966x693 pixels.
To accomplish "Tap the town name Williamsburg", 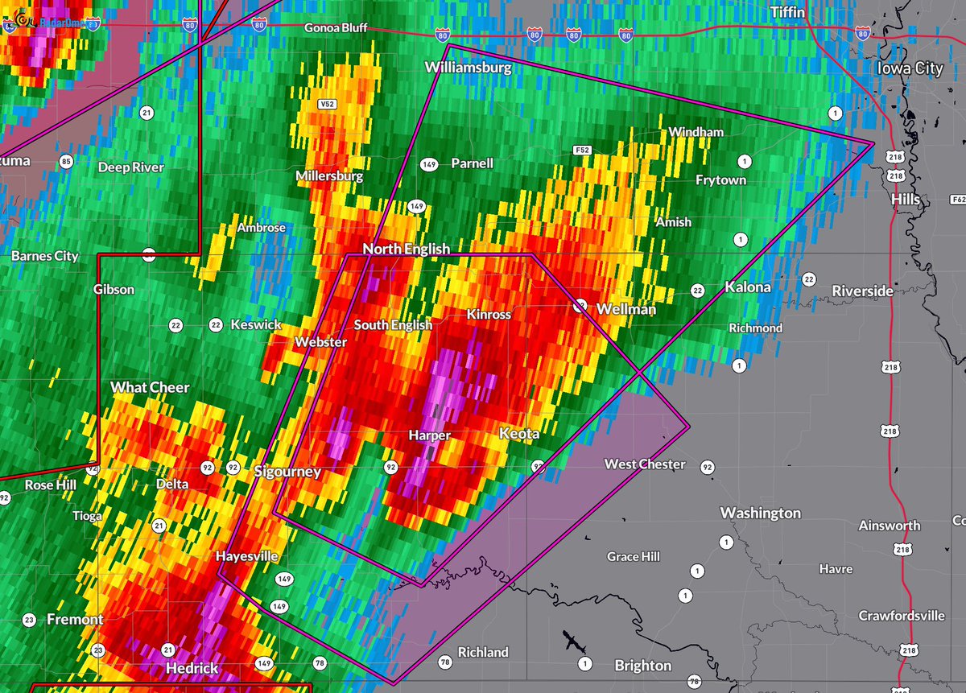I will tap(468, 68).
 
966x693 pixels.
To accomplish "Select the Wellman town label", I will tap(625, 308).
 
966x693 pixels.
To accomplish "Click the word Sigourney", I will tap(287, 472).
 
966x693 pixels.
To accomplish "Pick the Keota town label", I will tap(519, 434).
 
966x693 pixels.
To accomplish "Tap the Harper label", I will tap(428, 435).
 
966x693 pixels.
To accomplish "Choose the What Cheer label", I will tap(150, 387).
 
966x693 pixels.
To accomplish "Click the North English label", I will tap(406, 249).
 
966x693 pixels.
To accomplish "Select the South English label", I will tap(393, 325).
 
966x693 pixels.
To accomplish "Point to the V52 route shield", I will tap(326, 104).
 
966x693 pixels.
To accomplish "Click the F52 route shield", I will tap(584, 150).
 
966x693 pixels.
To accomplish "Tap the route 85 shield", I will tap(66, 162).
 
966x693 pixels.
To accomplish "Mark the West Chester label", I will tap(645, 464).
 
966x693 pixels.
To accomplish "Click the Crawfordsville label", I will tap(901, 616).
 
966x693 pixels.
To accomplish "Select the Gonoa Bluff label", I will tap(336, 28).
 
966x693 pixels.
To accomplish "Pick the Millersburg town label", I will tap(329, 175).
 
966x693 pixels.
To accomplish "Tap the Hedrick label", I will tap(192, 668).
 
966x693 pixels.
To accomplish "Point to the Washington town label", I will tap(760, 513).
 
